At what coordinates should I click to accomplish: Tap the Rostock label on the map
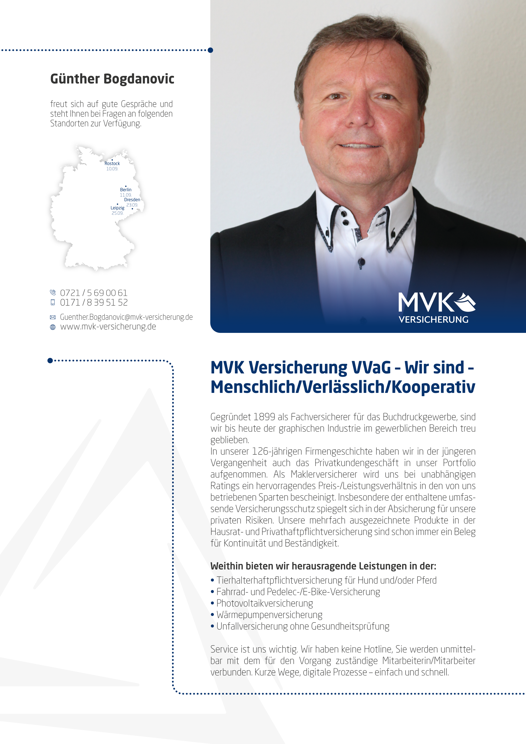pyautogui.click(x=112, y=164)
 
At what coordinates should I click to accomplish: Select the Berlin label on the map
pyautogui.click(x=126, y=190)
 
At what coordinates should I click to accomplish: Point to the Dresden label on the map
pyautogui.click(x=132, y=200)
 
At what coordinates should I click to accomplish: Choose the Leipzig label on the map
pyautogui.click(x=117, y=208)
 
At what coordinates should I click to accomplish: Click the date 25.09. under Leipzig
pyautogui.click(x=117, y=213)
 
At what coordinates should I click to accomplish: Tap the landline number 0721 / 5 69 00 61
pyautogui.click(x=94, y=293)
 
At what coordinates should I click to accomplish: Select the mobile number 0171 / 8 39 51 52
pyautogui.click(x=94, y=303)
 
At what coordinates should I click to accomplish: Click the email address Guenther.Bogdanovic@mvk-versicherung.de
pyautogui.click(x=126, y=317)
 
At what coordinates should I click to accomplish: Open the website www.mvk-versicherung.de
pyautogui.click(x=108, y=327)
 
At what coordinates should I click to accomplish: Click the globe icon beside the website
pyautogui.click(x=53, y=327)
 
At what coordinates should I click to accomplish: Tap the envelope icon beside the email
pyautogui.click(x=53, y=318)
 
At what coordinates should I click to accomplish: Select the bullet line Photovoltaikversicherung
pyautogui.click(x=264, y=603)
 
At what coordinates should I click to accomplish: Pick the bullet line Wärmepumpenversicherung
pyautogui.click(x=269, y=615)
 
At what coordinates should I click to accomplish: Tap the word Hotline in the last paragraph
pyautogui.click(x=378, y=649)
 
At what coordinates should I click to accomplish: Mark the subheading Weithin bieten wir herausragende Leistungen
pyautogui.click(x=323, y=566)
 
